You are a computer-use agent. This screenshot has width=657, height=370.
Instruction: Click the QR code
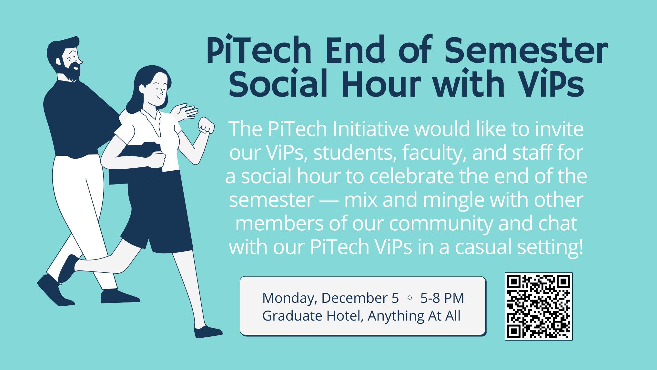pos(539,306)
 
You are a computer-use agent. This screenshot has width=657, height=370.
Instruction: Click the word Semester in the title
pos(526,50)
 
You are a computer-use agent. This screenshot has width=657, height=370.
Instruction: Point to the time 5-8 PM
pos(442,298)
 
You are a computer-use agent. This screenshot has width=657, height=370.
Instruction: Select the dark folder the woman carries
pos(136,165)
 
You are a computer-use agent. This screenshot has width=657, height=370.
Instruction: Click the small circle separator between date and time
pos(410,298)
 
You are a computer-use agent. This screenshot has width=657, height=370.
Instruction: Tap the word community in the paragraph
pos(440,223)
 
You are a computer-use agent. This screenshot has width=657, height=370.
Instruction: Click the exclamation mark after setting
pos(581,247)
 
